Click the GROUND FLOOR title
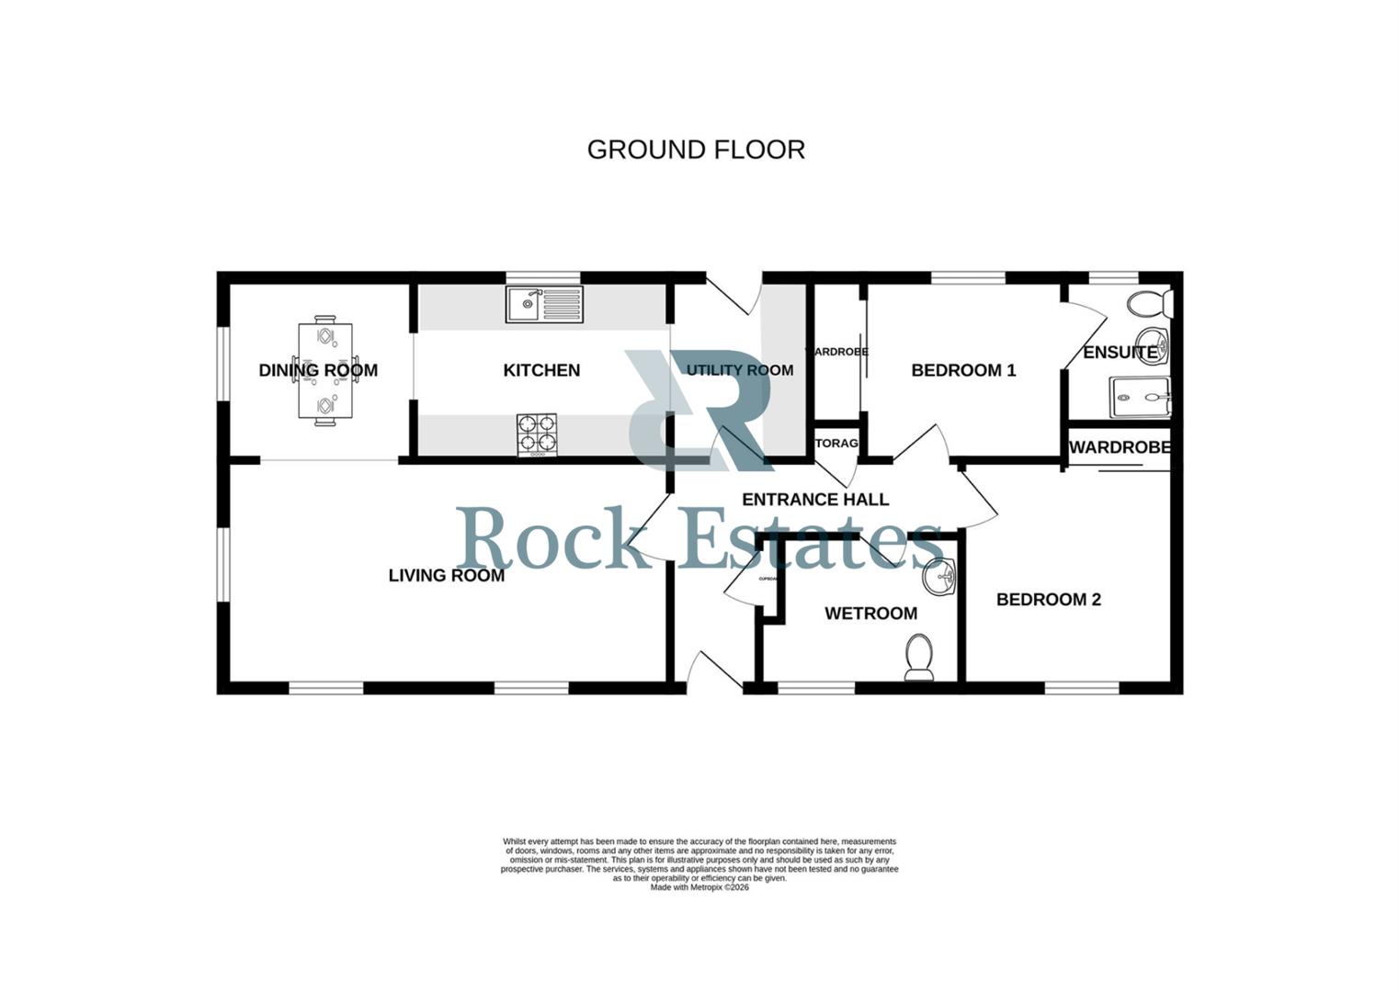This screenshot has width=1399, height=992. coord(696,150)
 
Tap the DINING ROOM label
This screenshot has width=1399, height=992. coord(318,370)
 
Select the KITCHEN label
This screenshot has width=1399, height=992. coord(541,370)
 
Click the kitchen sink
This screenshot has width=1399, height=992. coord(544,304)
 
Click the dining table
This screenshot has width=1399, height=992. coord(325,370)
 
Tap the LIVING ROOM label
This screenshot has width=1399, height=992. coord(446,576)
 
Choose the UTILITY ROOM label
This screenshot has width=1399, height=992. coord(740,370)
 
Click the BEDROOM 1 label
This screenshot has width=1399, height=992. coord(963,370)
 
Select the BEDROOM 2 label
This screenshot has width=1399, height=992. coord(1049,600)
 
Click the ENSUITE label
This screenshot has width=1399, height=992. coord(1120,353)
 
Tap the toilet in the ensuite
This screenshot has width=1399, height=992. coord(1150,302)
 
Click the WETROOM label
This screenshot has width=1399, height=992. coord(870,614)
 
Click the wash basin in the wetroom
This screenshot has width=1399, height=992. coord(940,577)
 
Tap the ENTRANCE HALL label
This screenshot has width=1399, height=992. coord(815,500)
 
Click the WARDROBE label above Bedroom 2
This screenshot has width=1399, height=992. coord(1120,447)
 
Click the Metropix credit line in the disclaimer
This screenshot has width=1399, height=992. coord(699,887)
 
